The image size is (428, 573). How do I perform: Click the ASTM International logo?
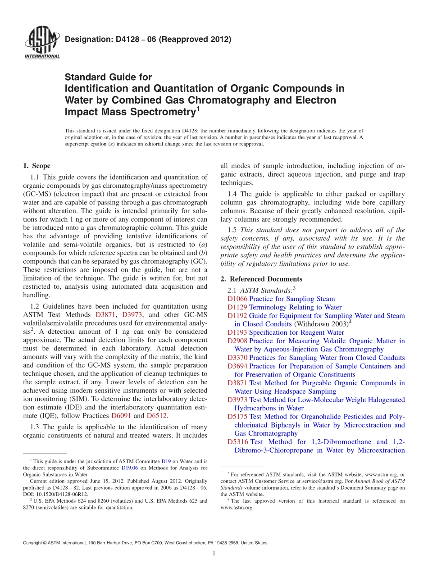coord(41,43)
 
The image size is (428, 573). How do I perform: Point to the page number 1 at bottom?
coord(214,554)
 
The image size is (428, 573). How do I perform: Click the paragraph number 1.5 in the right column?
coord(234,230)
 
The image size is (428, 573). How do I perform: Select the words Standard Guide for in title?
coord(109,77)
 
